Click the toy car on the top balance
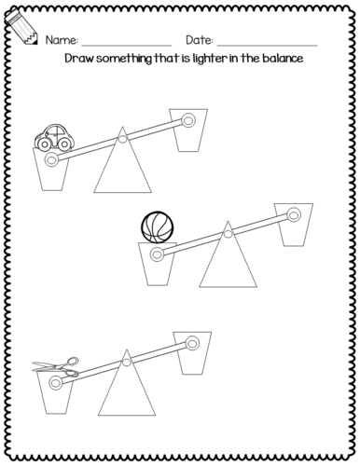click(x=54, y=138)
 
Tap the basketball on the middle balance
click(x=157, y=227)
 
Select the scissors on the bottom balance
click(x=56, y=367)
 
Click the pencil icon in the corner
click(x=21, y=27)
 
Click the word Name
click(x=62, y=40)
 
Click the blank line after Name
click(x=127, y=46)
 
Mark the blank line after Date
click(x=268, y=46)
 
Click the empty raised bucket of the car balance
click(x=188, y=130)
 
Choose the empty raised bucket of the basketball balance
click(x=294, y=225)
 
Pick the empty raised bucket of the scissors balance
click(x=192, y=353)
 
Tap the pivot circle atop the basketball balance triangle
click(x=228, y=234)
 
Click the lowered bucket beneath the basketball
click(x=158, y=264)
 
